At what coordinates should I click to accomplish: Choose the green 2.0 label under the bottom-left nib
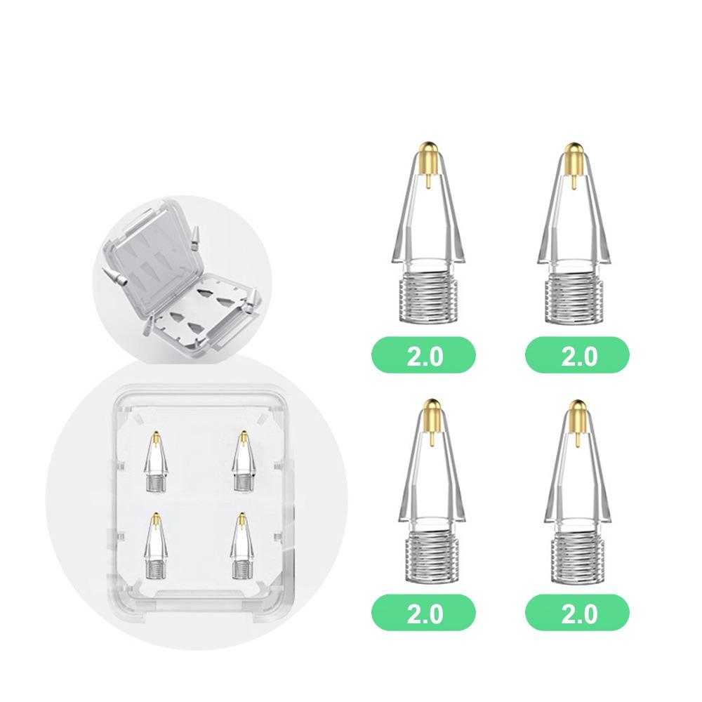tap(424, 614)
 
